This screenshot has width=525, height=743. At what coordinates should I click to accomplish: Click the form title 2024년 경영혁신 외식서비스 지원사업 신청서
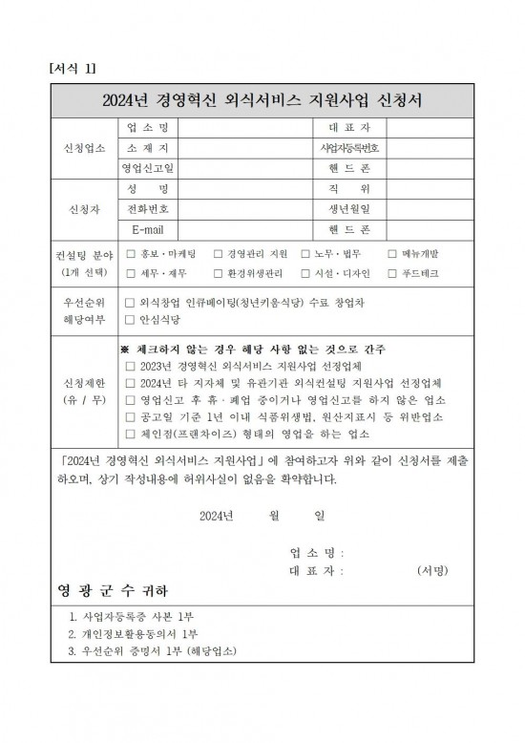coord(262,99)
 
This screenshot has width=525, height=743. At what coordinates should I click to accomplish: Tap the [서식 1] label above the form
coord(72,68)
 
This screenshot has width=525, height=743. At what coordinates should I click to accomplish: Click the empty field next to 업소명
coord(244,128)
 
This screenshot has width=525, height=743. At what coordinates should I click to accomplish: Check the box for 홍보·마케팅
coord(131,254)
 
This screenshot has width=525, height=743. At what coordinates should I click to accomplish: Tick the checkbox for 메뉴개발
coord(393,254)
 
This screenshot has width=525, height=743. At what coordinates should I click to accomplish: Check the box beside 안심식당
coord(131,320)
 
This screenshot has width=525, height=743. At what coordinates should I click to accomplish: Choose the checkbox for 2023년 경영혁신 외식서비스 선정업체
coord(131,366)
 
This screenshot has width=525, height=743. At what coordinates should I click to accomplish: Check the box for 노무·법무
coord(305,254)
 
